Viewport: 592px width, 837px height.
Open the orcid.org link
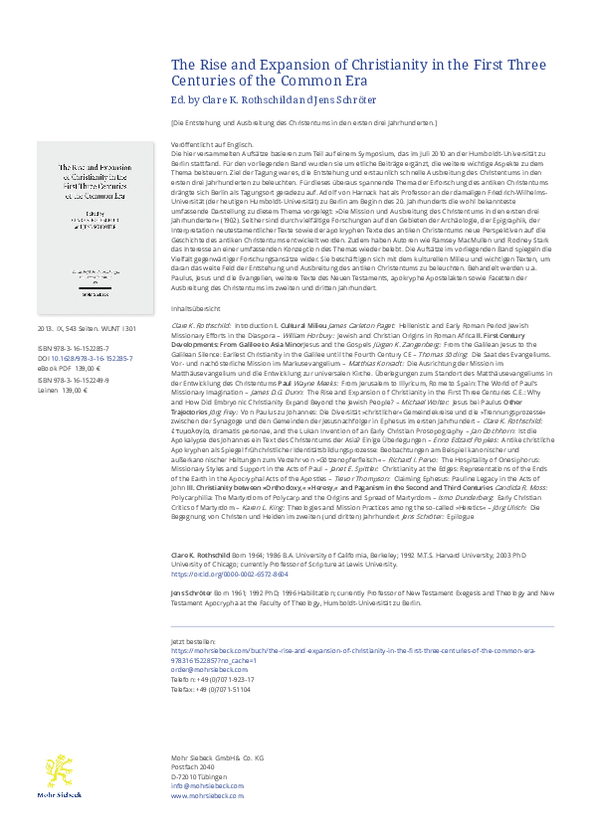218,574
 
